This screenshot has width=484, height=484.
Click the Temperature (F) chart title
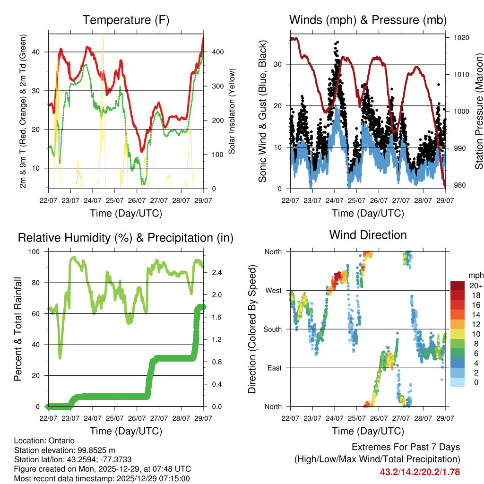coord(126,20)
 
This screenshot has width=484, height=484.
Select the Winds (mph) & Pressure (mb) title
coord(368,20)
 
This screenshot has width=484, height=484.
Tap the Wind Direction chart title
coord(368,235)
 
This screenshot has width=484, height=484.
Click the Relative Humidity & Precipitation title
coord(126,238)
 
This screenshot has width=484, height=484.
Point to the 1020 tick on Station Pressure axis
coord(461,38)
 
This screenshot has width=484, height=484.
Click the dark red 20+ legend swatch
coord(458,285)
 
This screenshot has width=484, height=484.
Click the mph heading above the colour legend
coord(475,275)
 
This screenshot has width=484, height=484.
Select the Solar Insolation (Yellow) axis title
coord(232,111)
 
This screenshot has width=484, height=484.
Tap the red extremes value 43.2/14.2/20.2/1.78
coord(420,472)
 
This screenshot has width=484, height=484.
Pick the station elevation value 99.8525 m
coord(95,450)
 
